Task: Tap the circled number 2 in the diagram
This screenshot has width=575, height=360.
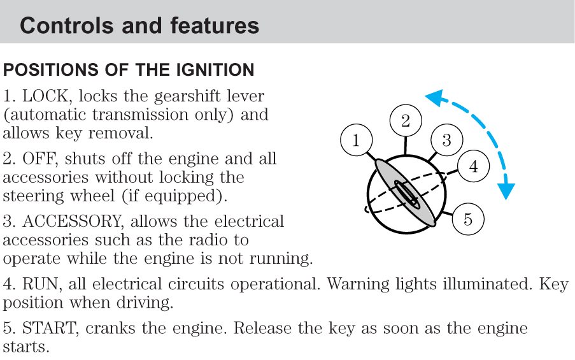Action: (406, 120)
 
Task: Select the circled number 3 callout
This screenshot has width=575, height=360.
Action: (446, 140)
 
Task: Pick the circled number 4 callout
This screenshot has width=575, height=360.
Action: (473, 167)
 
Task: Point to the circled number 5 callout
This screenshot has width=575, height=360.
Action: (468, 220)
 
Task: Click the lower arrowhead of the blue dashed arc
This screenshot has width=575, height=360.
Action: (507, 190)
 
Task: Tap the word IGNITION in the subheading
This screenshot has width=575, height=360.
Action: (211, 69)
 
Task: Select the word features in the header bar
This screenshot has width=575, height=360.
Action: (215, 25)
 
